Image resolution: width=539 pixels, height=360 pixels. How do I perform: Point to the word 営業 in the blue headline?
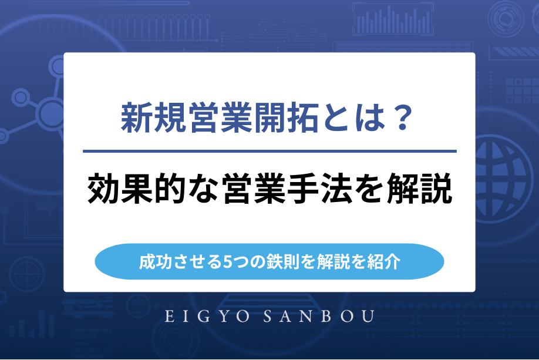[220, 118]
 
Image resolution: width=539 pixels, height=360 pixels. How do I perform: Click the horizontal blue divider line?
[269, 152]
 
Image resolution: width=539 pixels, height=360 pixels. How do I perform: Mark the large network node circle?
[50, 110]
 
